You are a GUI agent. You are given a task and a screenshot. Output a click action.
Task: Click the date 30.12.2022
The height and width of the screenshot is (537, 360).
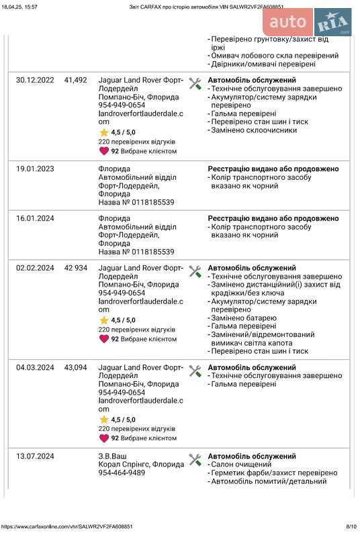click(35, 80)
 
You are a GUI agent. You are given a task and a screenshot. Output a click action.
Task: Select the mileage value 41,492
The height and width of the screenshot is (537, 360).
click(75, 80)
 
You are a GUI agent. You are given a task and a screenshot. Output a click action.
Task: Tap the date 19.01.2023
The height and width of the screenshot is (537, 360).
click(35, 169)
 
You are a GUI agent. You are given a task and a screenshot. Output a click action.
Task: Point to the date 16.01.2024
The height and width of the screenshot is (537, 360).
click(35, 219)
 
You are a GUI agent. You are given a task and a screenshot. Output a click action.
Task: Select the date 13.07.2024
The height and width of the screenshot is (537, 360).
click(35, 456)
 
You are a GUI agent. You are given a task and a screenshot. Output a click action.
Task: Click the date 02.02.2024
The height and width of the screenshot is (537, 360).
click(35, 268)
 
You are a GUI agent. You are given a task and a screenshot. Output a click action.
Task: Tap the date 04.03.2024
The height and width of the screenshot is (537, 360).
click(35, 368)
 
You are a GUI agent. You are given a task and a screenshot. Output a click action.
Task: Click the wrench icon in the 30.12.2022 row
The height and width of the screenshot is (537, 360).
click(195, 84)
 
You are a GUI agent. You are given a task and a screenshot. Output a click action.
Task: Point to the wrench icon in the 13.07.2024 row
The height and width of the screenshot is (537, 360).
click(195, 460)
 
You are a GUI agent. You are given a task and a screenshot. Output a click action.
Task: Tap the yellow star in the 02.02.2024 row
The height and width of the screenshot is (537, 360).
click(103, 320)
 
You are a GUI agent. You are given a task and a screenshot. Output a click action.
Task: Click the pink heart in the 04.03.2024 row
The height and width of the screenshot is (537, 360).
click(103, 438)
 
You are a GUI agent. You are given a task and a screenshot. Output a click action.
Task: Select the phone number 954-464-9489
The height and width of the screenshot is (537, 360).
click(122, 473)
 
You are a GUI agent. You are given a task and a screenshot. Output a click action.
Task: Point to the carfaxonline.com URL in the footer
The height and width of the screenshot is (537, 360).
click(66, 527)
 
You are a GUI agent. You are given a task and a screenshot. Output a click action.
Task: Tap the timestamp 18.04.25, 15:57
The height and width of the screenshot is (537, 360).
click(19, 5)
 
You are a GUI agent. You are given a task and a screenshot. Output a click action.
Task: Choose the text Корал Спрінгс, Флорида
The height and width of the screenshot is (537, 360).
click(142, 465)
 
